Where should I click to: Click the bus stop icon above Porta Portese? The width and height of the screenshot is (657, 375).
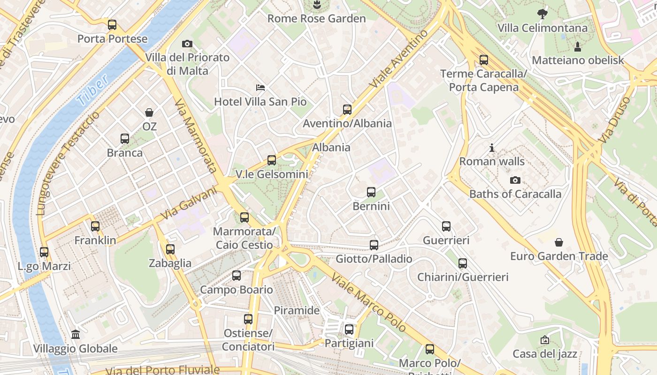tap(112, 25)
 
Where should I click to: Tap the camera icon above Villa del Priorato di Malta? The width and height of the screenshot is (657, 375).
tap(187, 44)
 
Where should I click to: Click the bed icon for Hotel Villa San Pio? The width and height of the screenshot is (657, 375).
tap(260, 88)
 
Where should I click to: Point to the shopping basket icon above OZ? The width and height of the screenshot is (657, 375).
tap(149, 112)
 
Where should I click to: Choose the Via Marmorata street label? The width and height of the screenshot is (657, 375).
tap(196, 136)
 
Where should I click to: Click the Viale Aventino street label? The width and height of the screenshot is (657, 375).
tap(399, 59)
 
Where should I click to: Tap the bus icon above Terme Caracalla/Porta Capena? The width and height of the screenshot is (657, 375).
tap(484, 60)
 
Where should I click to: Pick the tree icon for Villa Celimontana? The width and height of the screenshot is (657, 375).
tap(542, 14)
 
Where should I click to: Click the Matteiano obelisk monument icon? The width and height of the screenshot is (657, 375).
tap(578, 46)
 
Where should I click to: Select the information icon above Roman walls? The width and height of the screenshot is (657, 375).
tap(492, 148)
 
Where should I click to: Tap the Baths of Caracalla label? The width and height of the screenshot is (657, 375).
tap(515, 194)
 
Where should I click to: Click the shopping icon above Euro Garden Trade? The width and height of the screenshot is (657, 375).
tap(559, 242)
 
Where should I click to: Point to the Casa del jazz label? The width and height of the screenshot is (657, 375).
tap(545, 354)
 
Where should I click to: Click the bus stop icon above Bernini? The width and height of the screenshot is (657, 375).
tap(371, 192)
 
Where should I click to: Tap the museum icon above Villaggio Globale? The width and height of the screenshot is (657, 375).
tap(76, 335)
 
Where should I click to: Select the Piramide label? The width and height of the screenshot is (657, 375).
tap(297, 310)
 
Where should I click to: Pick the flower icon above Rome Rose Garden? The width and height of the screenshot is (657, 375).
tap(317, 5)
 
